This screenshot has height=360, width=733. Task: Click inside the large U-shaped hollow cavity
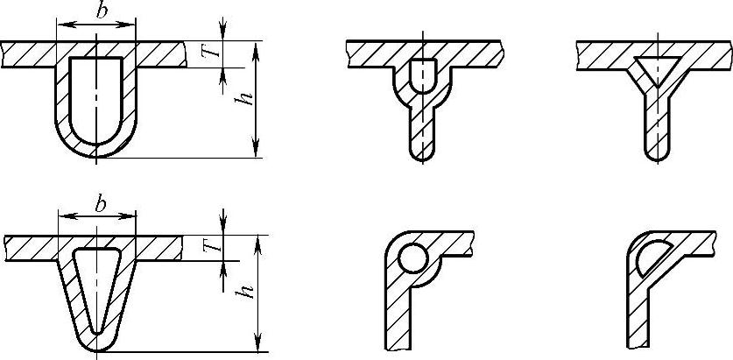pyautogui.click(x=96, y=96)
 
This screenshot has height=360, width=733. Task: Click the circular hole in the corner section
pyautogui.click(x=412, y=258)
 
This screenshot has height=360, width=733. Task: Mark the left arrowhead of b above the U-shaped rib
pyautogui.click(x=60, y=25)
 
